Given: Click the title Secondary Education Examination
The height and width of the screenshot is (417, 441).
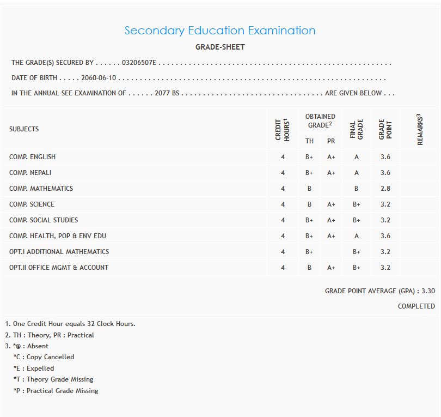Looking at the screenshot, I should click(220, 31).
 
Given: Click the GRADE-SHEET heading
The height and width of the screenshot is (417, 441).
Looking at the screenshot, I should click(220, 47).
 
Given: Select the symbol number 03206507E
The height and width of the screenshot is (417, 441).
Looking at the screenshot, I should click(139, 63).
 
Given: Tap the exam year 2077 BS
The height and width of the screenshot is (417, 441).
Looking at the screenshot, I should click(167, 93).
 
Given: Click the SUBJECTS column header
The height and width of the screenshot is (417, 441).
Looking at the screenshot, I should click(24, 129).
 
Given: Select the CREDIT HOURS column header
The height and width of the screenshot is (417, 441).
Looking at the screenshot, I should click(282, 130).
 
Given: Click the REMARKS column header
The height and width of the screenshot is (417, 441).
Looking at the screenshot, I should click(420, 130).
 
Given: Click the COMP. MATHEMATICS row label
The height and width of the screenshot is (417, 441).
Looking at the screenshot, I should click(41, 189).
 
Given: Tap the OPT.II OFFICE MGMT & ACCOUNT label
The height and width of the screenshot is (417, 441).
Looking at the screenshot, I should click(59, 268).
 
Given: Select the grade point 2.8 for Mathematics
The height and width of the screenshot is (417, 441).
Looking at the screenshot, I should click(385, 189).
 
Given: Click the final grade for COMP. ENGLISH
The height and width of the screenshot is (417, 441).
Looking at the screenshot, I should click(357, 157).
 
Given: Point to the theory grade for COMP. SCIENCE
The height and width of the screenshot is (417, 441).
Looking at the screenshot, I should click(309, 204).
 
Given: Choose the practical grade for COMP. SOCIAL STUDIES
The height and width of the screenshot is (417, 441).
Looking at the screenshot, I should click(331, 220).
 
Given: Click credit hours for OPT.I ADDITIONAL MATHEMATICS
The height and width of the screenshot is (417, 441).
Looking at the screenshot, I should click(283, 252).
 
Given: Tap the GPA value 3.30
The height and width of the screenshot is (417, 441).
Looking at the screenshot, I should click(428, 291).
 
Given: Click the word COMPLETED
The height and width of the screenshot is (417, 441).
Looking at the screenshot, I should click(416, 306).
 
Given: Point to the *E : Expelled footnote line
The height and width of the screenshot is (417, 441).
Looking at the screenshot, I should click(34, 368).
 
